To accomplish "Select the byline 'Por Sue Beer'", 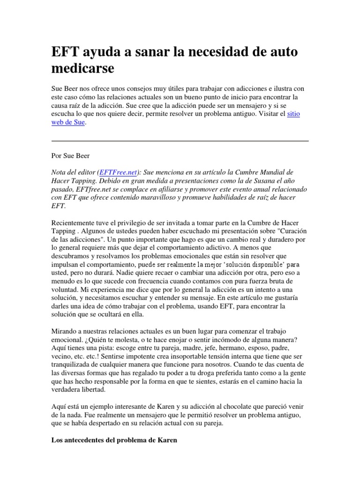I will [x=71, y=156].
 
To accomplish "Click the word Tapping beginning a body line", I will [x=63, y=231].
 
